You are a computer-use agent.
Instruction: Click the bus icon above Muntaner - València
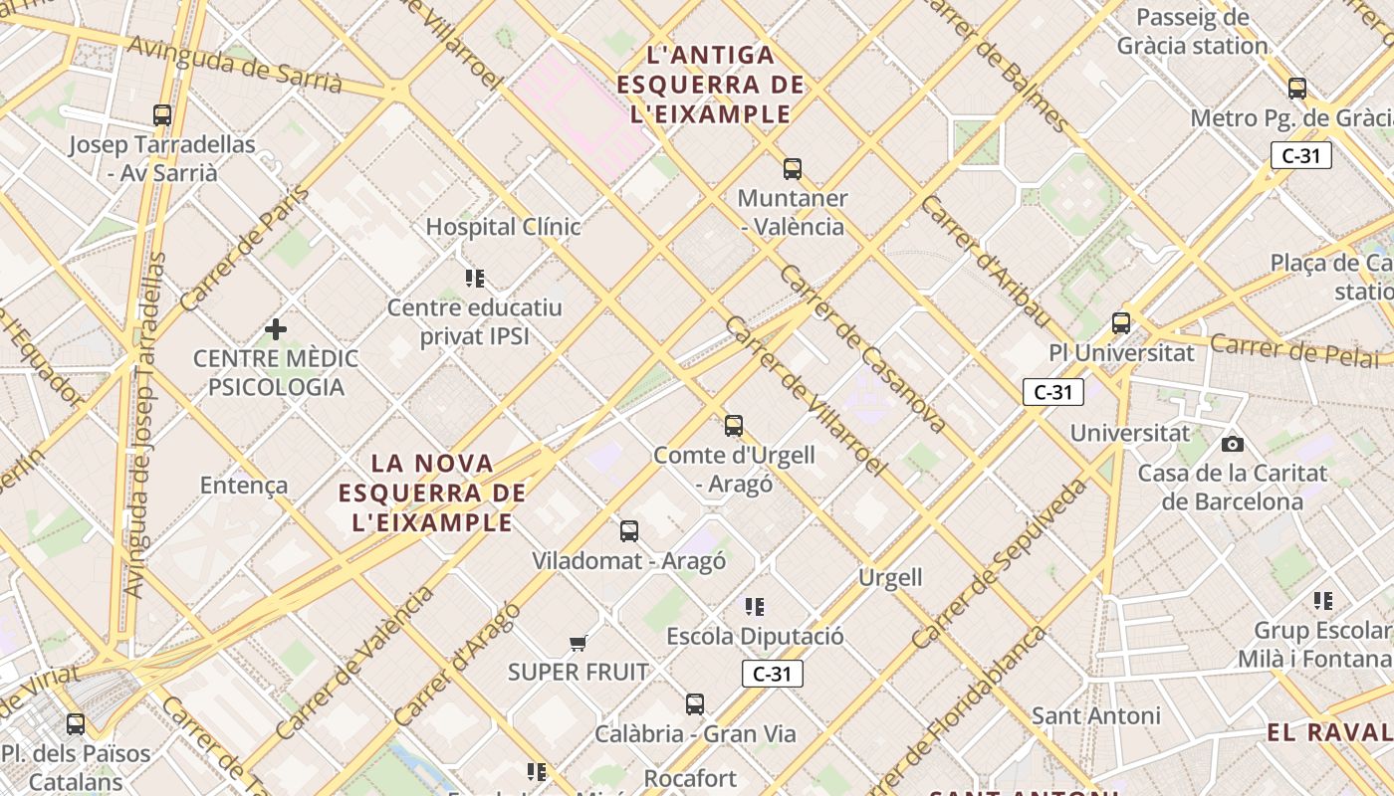coord(793,168)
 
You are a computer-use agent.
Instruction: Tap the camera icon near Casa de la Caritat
coord(1233,444)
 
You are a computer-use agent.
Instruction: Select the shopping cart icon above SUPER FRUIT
coord(579,643)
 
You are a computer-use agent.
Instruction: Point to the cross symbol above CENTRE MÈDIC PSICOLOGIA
coord(276,328)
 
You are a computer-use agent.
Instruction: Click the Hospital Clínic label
coord(503,227)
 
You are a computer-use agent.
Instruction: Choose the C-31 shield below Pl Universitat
coord(1052,392)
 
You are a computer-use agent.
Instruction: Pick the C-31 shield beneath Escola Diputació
coord(772,674)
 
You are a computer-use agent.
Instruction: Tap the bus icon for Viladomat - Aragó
coord(629,531)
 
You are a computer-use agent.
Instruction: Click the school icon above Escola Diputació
coord(755,606)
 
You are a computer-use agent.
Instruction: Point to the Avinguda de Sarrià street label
coord(235,66)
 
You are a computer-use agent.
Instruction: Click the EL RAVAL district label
coord(1329,733)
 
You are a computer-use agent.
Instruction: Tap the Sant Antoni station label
coord(1095,715)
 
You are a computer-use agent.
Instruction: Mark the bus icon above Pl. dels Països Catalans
coord(76,723)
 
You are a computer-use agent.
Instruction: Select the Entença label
coord(244,486)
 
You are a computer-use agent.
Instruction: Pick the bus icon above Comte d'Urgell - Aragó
coord(734,426)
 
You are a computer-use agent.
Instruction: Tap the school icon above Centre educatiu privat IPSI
coord(475,278)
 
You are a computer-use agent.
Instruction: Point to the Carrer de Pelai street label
coord(1299,350)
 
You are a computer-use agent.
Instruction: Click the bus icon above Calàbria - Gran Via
coord(695,704)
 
